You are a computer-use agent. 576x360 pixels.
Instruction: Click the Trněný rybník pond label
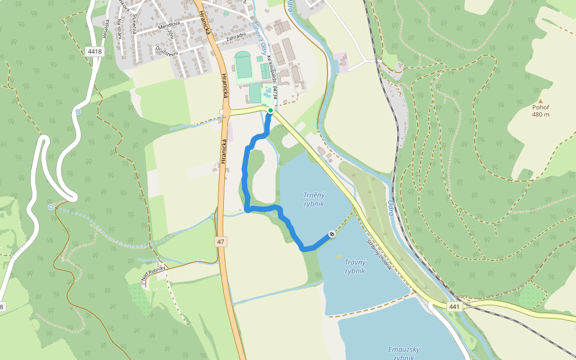pos(313,199)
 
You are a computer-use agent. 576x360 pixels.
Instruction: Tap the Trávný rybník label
pos(355,266)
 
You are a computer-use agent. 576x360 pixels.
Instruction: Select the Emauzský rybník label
pos(404,353)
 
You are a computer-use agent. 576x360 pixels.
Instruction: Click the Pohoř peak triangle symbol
pos(540,101)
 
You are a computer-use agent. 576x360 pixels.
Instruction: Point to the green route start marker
pos(271,110)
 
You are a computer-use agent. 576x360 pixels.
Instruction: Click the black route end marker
pos(332,234)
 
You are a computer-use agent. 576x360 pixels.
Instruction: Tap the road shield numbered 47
pos(221,241)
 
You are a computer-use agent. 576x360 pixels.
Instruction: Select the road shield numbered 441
pos(455,307)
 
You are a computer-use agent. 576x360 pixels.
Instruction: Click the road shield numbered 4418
pos(94,52)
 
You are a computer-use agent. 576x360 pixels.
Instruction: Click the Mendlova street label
pos(170,26)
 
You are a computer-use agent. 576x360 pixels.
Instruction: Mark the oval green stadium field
pos(244,67)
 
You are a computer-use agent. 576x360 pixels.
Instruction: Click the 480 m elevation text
pos(540,115)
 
